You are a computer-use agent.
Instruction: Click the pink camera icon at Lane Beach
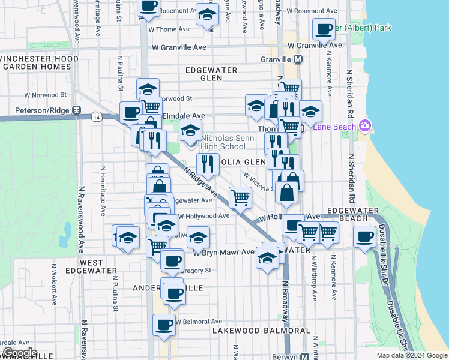point(364,125)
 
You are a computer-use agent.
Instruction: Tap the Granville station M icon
point(298,60)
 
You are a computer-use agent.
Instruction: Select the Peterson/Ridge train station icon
point(76,110)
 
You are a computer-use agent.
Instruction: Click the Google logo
point(19,353)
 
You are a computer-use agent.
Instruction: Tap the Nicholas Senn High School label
point(223,142)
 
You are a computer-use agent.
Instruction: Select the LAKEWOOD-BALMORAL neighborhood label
point(261,331)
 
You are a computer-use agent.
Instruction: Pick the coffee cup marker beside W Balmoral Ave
point(164,326)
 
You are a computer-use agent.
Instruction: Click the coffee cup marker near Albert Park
point(324,29)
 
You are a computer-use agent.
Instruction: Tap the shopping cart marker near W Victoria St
point(240,196)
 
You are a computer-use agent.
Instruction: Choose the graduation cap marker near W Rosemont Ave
point(206,14)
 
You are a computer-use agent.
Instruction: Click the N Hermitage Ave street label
point(103,191)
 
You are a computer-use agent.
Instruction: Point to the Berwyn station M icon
point(305,356)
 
